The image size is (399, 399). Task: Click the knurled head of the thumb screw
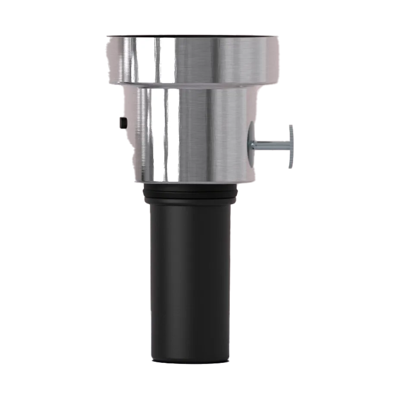coord(292,146)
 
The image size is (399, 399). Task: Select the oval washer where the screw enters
coord(252,145)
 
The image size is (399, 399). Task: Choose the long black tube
coord(190,280)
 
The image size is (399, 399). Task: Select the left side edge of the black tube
coord(151,280)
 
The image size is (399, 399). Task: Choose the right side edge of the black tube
coord(229,280)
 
